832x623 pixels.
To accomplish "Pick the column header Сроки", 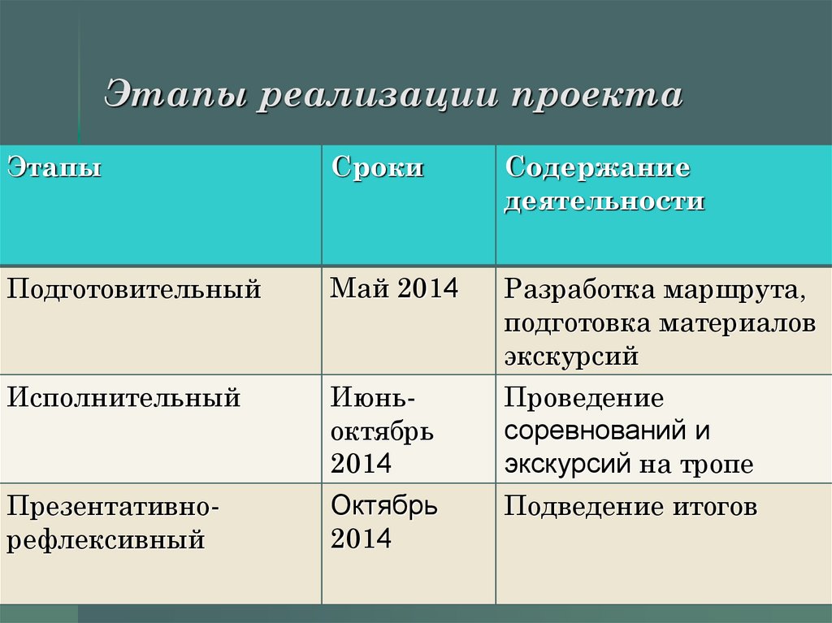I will (377, 169).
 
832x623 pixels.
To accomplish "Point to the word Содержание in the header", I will (597, 169).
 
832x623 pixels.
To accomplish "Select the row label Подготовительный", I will (134, 289).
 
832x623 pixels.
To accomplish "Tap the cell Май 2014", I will (394, 288).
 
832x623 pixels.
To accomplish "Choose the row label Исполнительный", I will (123, 399).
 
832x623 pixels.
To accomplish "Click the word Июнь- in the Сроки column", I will (374, 399).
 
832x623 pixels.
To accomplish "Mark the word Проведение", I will (583, 399).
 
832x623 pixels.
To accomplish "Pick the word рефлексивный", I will (106, 540).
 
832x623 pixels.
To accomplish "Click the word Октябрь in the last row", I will (384, 506).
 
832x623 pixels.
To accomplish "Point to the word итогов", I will (714, 508).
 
